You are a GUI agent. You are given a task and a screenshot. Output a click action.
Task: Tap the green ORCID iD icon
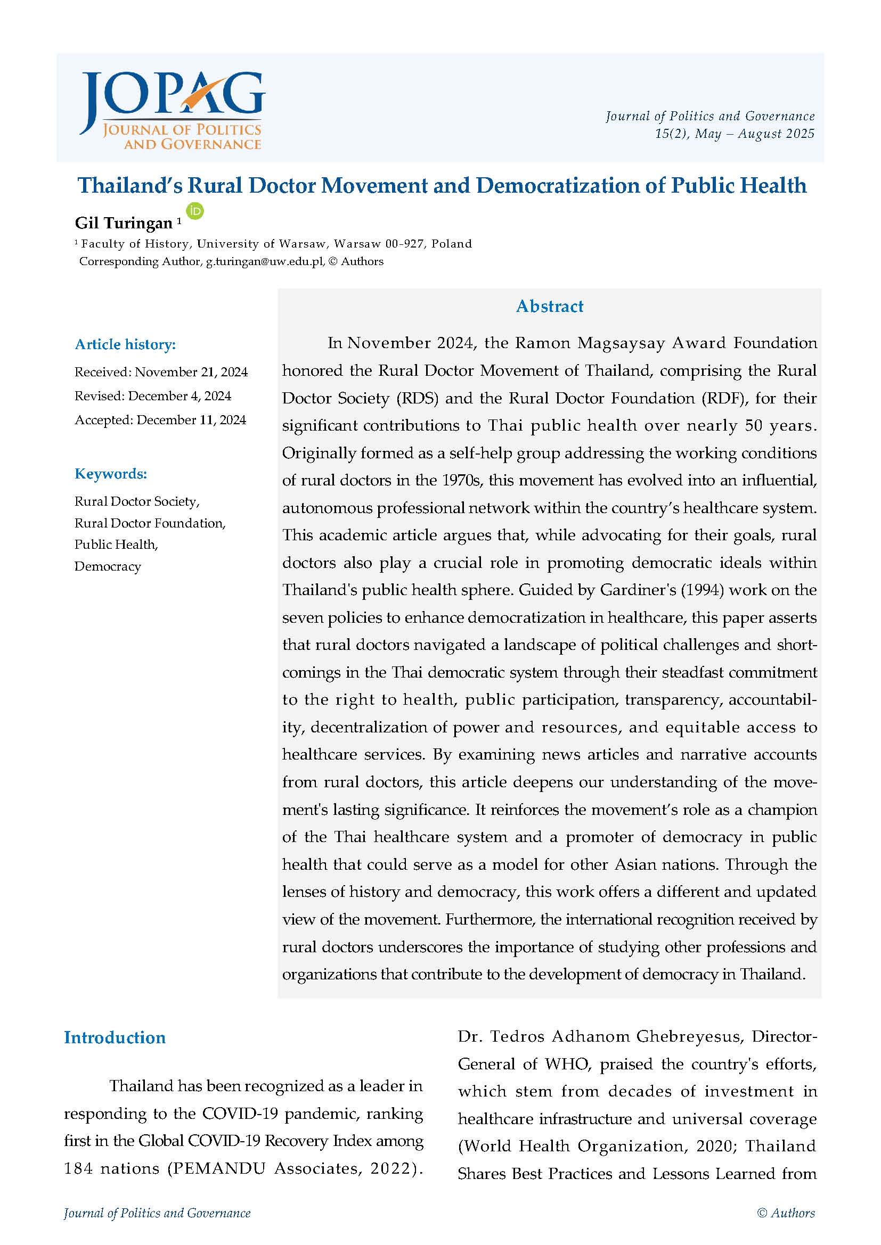click(x=195, y=211)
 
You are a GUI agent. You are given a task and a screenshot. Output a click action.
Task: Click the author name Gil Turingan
click(x=124, y=223)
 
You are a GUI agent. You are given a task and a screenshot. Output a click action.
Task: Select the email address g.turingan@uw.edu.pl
click(x=265, y=261)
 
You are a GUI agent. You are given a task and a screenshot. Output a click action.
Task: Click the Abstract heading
click(x=550, y=307)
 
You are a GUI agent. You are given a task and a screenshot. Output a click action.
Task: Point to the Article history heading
click(x=125, y=344)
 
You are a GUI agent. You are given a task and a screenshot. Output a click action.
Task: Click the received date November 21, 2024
click(x=191, y=372)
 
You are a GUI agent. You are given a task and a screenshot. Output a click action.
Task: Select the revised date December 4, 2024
click(x=180, y=396)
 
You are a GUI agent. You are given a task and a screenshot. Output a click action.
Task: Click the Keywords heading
click(x=111, y=473)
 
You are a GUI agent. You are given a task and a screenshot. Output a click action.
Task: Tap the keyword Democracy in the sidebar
click(x=108, y=566)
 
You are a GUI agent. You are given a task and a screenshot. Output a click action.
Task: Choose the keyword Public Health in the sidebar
click(x=116, y=545)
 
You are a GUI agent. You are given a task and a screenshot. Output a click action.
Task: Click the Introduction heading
click(x=115, y=1037)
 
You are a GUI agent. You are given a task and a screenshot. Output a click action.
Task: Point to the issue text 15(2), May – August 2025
click(x=735, y=134)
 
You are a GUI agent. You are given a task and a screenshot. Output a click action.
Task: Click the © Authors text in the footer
click(x=786, y=1213)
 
